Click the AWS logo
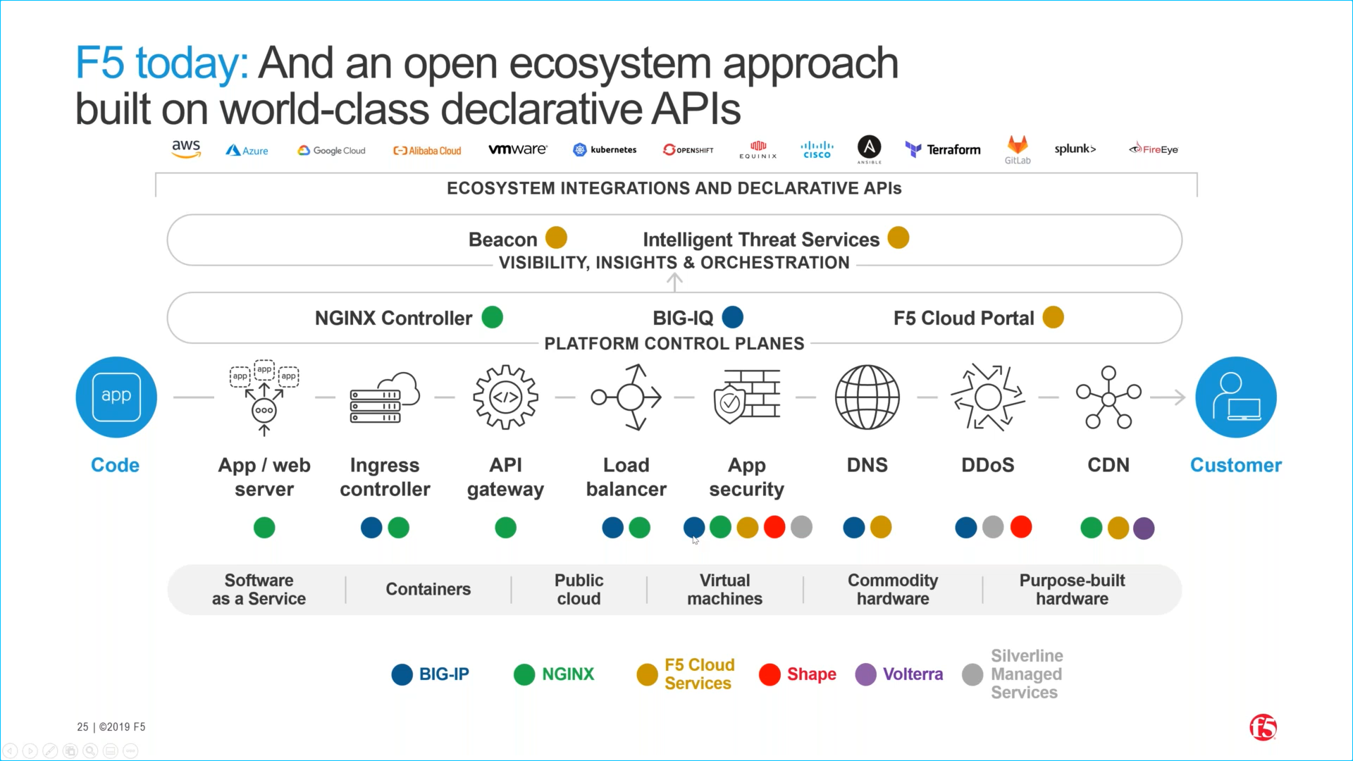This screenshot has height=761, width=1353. (186, 149)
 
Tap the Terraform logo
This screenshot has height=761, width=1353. (943, 149)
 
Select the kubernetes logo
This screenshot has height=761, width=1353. (605, 149)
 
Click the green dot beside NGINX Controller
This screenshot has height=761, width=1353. (492, 317)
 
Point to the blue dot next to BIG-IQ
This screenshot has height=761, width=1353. (733, 317)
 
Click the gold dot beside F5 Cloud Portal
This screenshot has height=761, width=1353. (1053, 317)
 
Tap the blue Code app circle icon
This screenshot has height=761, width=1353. (116, 397)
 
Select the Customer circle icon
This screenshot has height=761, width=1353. (1235, 397)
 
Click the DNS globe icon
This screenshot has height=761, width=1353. (867, 397)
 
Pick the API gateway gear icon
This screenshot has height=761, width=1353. (505, 397)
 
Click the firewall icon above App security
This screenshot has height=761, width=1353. (747, 397)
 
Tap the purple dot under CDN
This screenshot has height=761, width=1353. (1144, 528)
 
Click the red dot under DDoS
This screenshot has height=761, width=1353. (1020, 527)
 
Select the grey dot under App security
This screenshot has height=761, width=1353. (801, 527)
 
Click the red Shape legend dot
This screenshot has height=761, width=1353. (770, 674)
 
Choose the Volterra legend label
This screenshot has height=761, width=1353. (913, 674)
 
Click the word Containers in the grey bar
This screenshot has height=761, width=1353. (428, 589)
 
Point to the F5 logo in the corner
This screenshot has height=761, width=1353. (1263, 727)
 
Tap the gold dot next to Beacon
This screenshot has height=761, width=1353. (556, 238)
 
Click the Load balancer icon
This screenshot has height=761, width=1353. (626, 397)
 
